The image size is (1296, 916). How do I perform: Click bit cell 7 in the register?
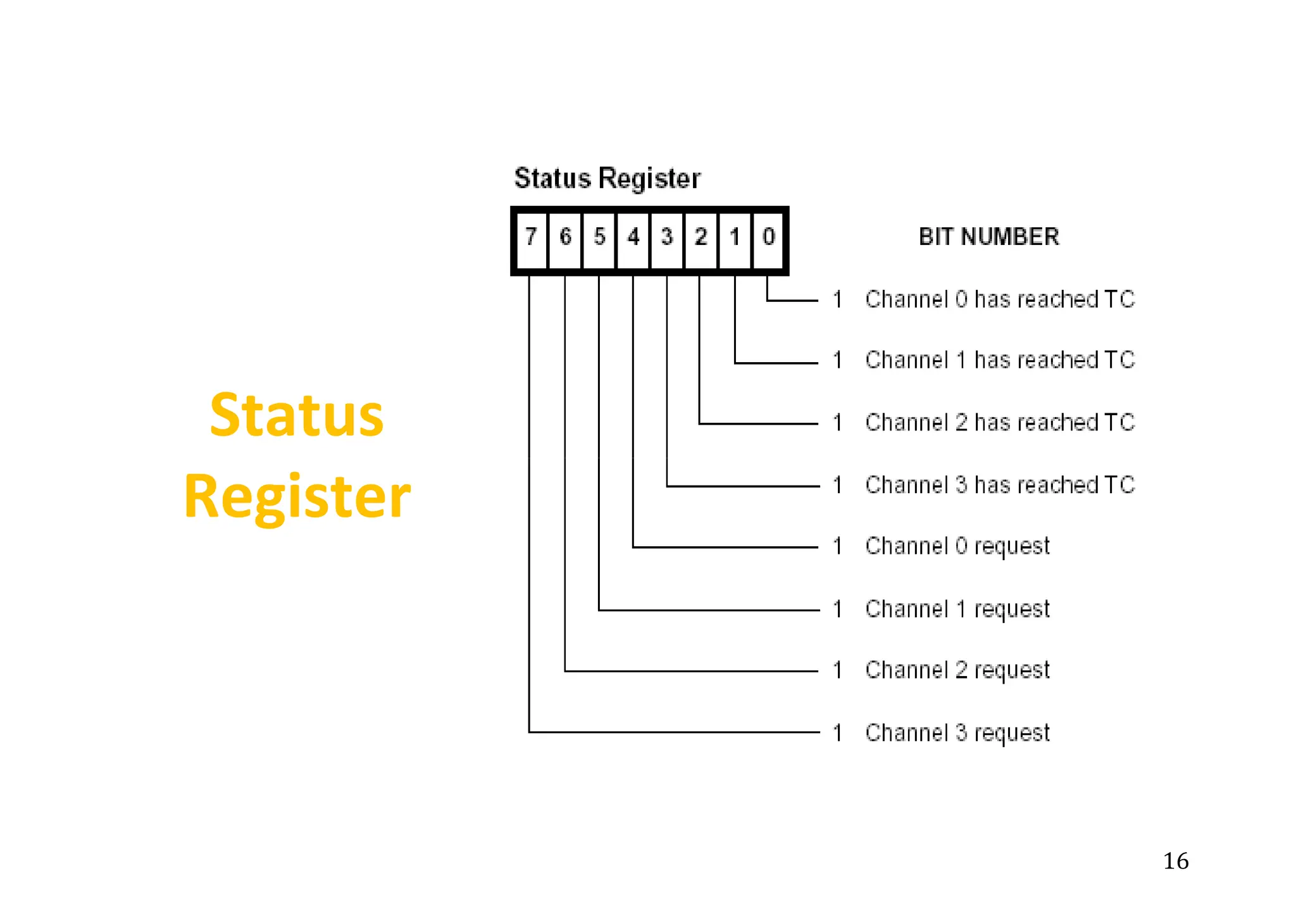[532, 238]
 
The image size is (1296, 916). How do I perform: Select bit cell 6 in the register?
[566, 238]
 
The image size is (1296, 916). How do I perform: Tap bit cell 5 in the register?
[599, 238]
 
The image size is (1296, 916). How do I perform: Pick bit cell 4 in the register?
[633, 238]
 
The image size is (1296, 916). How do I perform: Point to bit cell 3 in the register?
[667, 238]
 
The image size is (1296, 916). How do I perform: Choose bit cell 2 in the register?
[701, 238]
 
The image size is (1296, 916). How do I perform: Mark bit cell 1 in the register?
[735, 238]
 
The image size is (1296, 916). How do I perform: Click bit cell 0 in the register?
[769, 238]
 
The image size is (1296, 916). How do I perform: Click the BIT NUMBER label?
[988, 237]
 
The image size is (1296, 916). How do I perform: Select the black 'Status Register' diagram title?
[607, 179]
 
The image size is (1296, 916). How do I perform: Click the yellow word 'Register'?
[297, 496]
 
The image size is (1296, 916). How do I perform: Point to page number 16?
[1176, 861]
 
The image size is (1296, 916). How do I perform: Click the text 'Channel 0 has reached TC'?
[1000, 299]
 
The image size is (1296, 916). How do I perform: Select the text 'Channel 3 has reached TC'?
[1000, 485]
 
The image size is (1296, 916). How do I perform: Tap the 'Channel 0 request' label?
[957, 546]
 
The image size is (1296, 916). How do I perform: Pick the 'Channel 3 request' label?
[957, 733]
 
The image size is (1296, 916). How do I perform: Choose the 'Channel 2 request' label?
[957, 670]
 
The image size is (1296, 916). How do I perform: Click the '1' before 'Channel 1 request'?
[837, 609]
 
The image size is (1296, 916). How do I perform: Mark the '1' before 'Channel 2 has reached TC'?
[837, 422]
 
